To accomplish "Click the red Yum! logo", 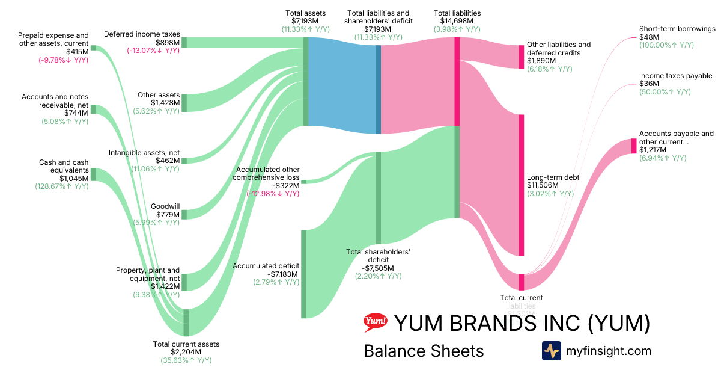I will tap(375, 323).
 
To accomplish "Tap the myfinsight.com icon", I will tap(552, 351).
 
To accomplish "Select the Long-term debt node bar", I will tap(522, 185).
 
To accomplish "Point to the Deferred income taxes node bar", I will tap(184, 42).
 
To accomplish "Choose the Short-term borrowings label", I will tap(677, 28).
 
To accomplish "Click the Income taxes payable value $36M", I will tap(649, 84).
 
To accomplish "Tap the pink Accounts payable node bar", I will tap(633, 146).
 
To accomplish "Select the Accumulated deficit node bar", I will tap(303, 274).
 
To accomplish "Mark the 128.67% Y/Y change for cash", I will tap(62, 186).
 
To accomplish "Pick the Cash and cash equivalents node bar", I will tap(93, 174).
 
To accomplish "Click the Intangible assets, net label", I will tap(144, 153).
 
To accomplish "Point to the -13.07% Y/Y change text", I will tap(153, 51).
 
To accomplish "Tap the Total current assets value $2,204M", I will tap(186, 352).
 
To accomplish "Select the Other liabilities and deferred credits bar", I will tap(522, 57).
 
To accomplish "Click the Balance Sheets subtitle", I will tap(424, 351).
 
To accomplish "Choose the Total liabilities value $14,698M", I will tap(457, 21).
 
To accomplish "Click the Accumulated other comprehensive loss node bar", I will tap(303, 181).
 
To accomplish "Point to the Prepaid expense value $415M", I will tap(78, 51).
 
